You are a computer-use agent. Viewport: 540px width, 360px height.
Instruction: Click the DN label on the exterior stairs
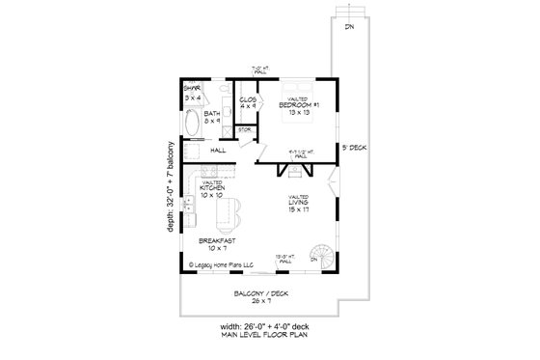point(348,26)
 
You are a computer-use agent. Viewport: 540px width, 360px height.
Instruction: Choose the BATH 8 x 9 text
point(212,118)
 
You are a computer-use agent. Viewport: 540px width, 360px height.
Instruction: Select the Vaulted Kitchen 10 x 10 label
point(213,190)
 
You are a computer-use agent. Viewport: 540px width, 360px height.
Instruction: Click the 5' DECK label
point(351,148)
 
